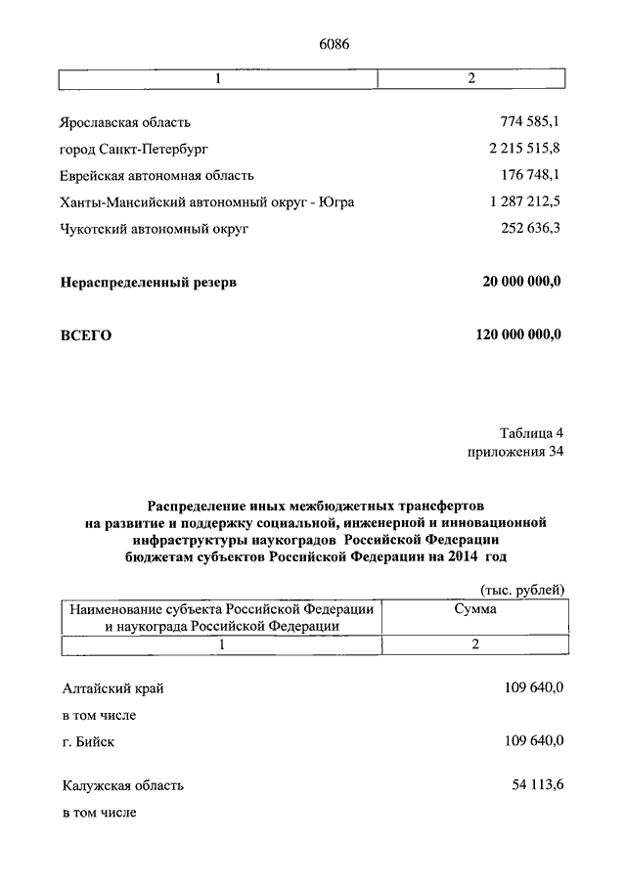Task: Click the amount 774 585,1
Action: point(530,122)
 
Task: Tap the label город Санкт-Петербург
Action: point(135,149)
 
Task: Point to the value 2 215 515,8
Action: point(523,149)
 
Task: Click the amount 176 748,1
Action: point(530,175)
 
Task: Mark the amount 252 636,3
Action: point(530,228)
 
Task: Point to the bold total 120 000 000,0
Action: point(518,335)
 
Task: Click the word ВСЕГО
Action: point(86,335)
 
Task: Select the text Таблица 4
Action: point(531,432)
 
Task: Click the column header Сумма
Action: point(474,608)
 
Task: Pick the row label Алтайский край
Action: point(112,688)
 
